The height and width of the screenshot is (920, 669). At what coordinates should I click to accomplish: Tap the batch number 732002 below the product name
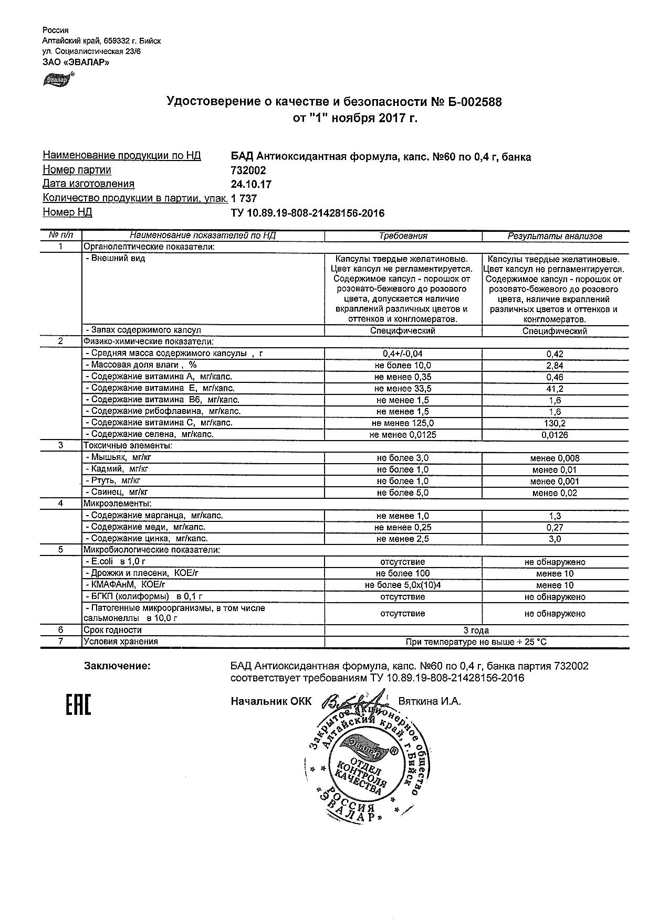[x=248, y=170]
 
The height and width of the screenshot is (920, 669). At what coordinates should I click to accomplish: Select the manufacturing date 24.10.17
[x=251, y=184]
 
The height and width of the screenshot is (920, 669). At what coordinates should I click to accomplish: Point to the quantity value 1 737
[x=244, y=198]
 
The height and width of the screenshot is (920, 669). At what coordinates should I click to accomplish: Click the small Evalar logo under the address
[x=57, y=79]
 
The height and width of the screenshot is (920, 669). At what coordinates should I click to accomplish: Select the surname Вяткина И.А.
[x=430, y=701]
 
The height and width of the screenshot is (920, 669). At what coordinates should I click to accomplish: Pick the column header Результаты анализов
[x=555, y=236]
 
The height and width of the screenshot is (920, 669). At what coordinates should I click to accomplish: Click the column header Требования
[x=403, y=236]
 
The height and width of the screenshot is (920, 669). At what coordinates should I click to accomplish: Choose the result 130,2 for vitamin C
[x=555, y=423]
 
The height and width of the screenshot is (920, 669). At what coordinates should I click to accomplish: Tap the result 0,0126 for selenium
[x=555, y=435]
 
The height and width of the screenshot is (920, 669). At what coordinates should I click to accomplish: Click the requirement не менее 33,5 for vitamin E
[x=403, y=389]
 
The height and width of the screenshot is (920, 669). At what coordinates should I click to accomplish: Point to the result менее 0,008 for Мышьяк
[x=555, y=458]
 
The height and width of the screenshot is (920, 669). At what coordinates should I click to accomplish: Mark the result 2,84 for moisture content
[x=555, y=366]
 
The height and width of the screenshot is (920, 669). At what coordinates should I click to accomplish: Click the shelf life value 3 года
[x=476, y=630]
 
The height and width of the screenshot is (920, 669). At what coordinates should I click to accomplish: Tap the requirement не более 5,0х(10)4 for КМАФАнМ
[x=403, y=585]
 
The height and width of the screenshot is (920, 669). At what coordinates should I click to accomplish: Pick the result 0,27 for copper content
[x=555, y=528]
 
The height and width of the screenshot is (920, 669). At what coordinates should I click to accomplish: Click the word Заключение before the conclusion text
[x=117, y=666]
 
